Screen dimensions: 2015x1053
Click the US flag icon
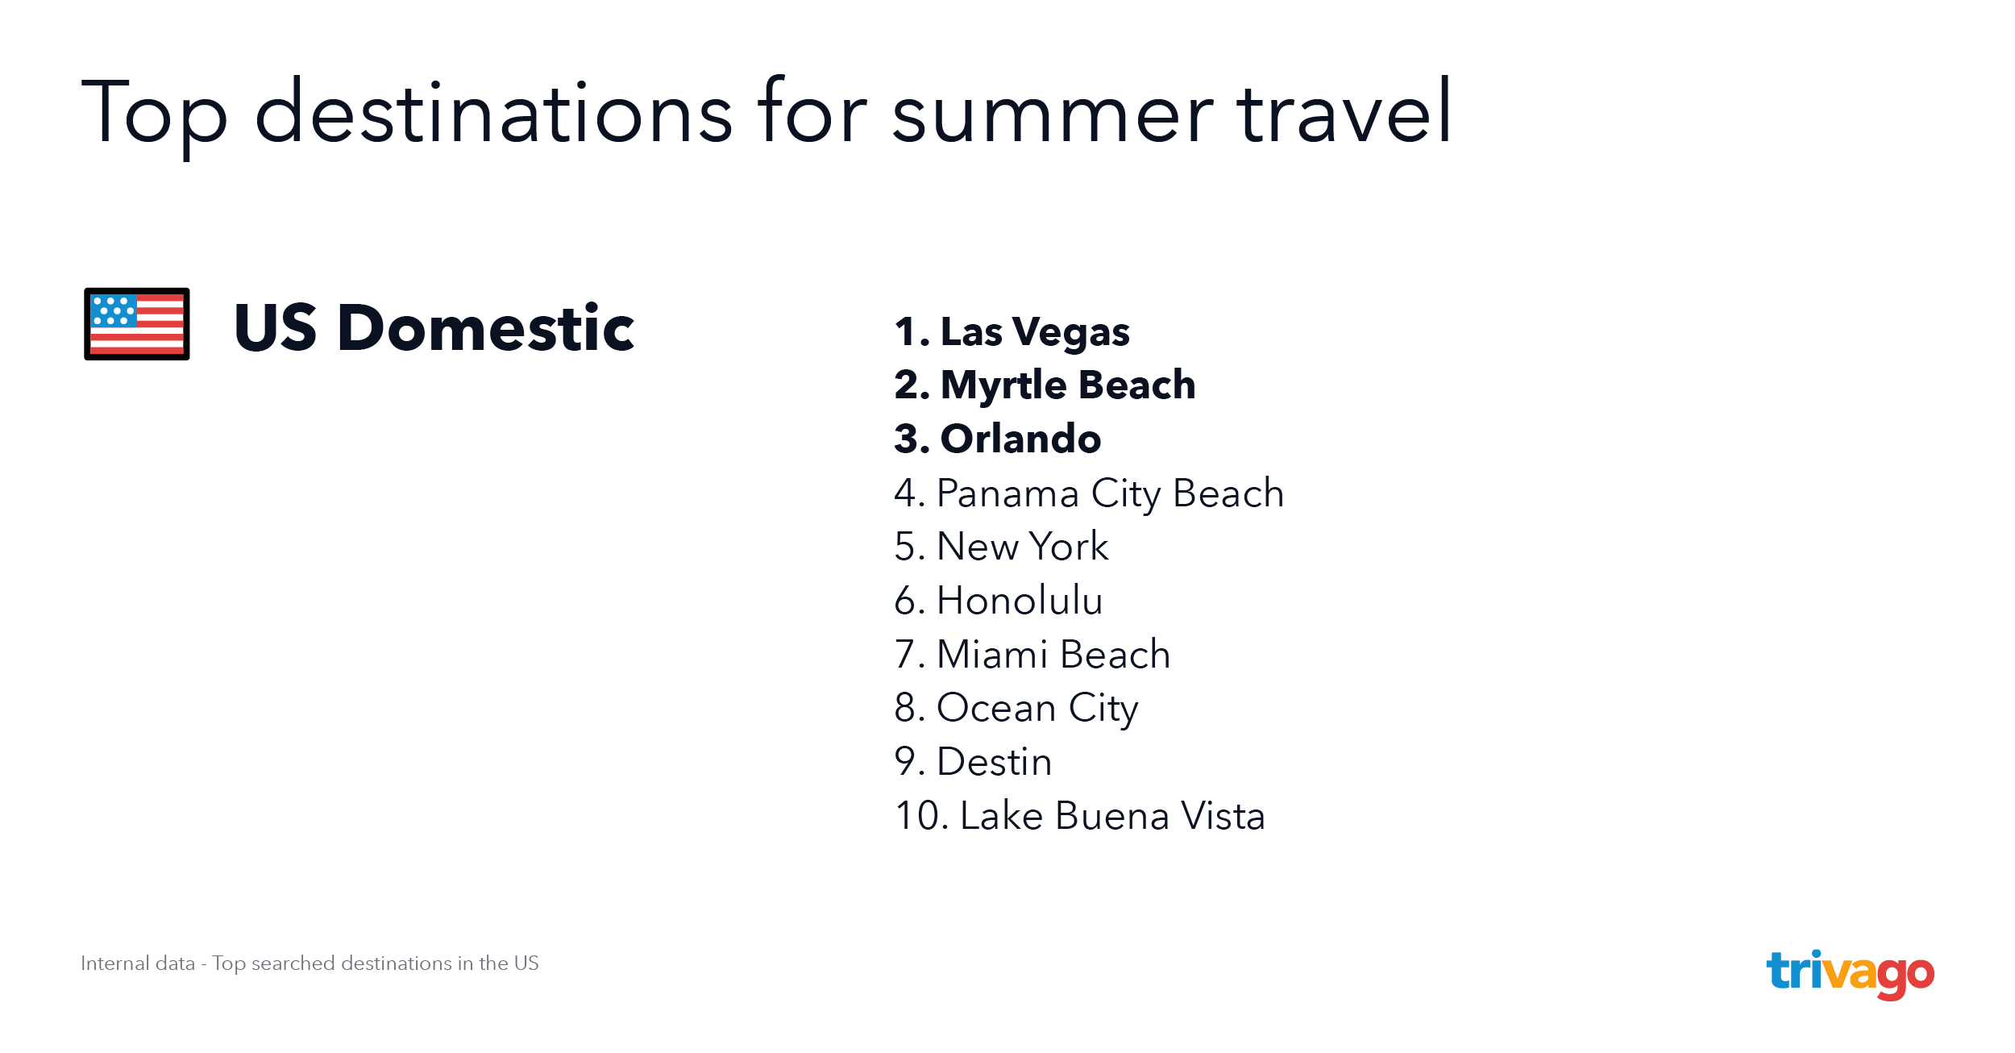pyautogui.click(x=137, y=323)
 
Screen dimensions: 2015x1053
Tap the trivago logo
pyautogui.click(x=1850, y=974)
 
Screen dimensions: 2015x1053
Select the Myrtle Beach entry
pyautogui.click(x=1045, y=385)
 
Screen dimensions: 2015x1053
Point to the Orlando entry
pyautogui.click(x=998, y=439)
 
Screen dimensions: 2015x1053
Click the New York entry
pyautogui.click(x=1002, y=547)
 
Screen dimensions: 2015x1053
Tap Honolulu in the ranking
pyautogui.click(x=999, y=601)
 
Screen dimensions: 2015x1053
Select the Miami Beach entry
pyautogui.click(x=1032, y=654)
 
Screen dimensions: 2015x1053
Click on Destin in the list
pyautogui.click(x=974, y=762)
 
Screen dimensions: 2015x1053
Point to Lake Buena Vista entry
pyautogui.click(x=1080, y=815)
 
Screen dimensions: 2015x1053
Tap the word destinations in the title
pyautogui.click(x=493, y=112)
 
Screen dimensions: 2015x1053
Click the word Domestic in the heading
pyautogui.click(x=487, y=327)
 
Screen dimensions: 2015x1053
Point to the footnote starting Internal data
pyautogui.click(x=310, y=964)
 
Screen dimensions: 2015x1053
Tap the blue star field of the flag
pyautogui.click(x=114, y=310)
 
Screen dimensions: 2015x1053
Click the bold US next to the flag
pyautogui.click(x=276, y=327)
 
